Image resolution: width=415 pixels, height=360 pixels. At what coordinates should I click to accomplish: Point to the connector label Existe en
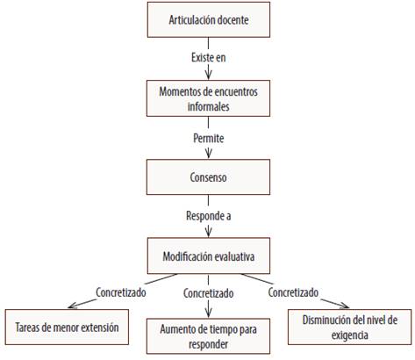tap(209, 57)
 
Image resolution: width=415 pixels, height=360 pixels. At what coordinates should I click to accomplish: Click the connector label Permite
tap(209, 138)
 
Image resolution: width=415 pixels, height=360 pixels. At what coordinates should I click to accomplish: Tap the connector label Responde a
tap(209, 216)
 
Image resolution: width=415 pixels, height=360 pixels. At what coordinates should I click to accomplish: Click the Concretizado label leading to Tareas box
tap(121, 292)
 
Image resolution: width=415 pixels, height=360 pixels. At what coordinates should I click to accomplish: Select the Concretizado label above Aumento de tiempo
tap(208, 293)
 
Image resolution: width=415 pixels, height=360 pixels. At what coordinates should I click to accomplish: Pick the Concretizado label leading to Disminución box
tap(293, 292)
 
